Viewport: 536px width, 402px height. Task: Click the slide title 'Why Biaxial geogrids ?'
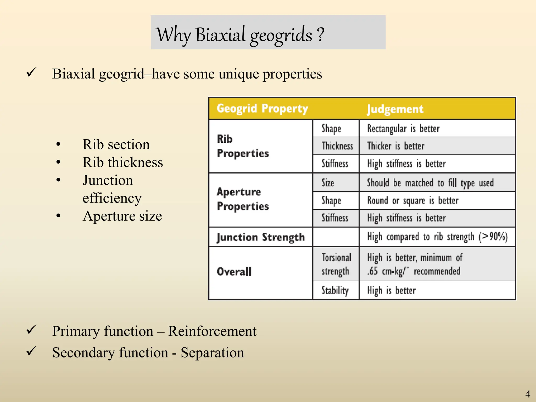[240, 35]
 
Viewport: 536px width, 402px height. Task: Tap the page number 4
[528, 394]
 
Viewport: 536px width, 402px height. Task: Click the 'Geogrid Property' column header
[262, 109]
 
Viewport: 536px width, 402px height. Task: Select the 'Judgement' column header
[395, 109]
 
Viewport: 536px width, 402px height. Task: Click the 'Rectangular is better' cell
[403, 129]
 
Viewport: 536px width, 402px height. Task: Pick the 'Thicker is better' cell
[395, 146]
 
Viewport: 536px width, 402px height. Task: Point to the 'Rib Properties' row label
[243, 146]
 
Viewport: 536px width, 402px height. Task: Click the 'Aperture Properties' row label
[243, 199]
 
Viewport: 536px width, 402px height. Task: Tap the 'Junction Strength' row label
[261, 237]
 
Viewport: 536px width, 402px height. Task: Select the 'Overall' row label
[234, 271]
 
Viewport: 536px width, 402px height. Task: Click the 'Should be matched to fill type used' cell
[430, 183]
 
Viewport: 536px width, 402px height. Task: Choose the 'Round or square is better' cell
[413, 201]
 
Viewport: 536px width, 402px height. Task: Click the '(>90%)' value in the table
[493, 237]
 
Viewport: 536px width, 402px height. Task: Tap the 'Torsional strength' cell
[336, 264]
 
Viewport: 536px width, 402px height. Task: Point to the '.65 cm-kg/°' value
[388, 271]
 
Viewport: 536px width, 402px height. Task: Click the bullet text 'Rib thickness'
[122, 163]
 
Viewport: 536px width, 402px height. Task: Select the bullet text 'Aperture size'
[122, 216]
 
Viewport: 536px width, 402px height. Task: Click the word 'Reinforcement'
[212, 331]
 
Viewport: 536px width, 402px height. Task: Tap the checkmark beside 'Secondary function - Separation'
[31, 351]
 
